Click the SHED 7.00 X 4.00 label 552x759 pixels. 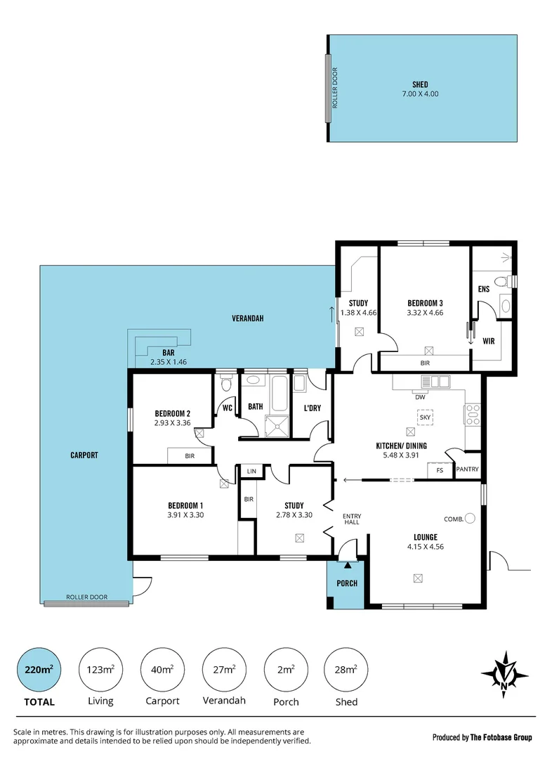pyautogui.click(x=420, y=89)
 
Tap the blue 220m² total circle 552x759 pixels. pyautogui.click(x=35, y=669)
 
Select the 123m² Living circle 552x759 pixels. pyautogui.click(x=99, y=669)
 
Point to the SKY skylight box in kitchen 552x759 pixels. pyautogui.click(x=426, y=417)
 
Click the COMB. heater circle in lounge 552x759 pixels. pyautogui.click(x=470, y=519)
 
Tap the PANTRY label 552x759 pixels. pyautogui.click(x=467, y=470)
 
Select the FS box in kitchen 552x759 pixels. pyautogui.click(x=440, y=470)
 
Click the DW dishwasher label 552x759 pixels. pyautogui.click(x=421, y=397)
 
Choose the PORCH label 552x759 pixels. pyautogui.click(x=347, y=583)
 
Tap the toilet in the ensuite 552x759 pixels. pyautogui.click(x=501, y=282)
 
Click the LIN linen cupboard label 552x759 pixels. pyautogui.click(x=251, y=471)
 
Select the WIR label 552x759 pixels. pyautogui.click(x=488, y=342)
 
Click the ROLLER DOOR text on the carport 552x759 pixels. pyautogui.click(x=87, y=597)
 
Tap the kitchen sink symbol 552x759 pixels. pyautogui.click(x=435, y=382)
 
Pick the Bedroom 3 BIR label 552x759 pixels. pyautogui.click(x=425, y=363)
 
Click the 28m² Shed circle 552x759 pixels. pyautogui.click(x=346, y=669)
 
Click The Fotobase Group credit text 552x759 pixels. pyautogui.click(x=501, y=737)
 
